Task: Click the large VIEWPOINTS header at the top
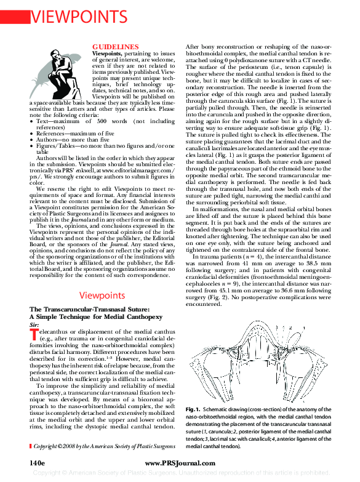(79, 14)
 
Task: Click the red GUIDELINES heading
(115, 47)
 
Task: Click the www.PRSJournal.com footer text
(179, 461)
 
